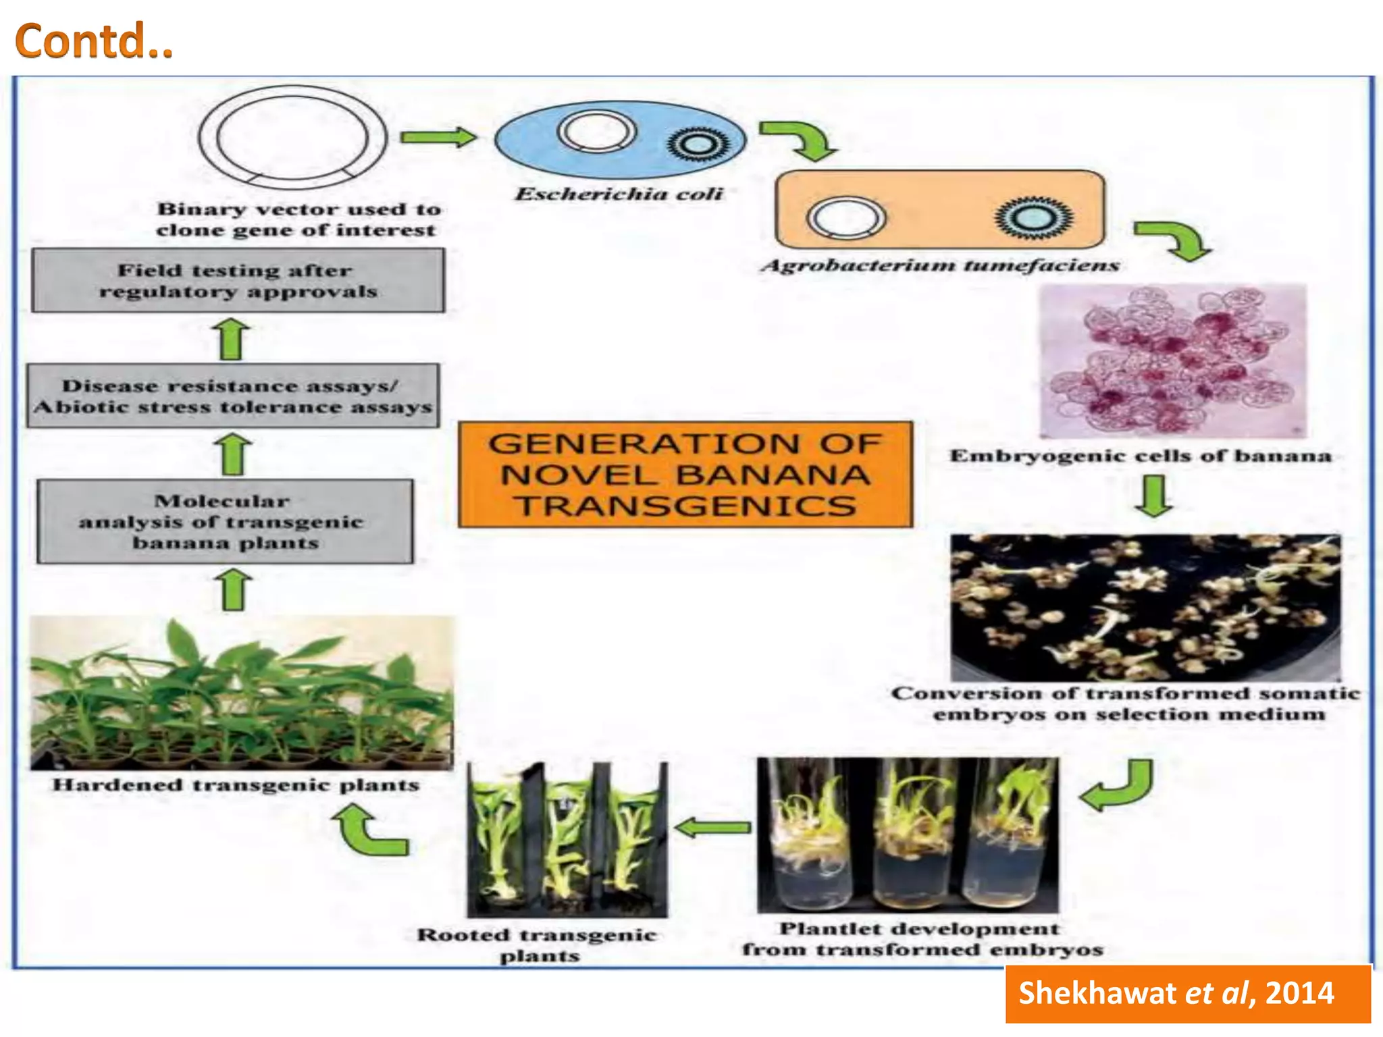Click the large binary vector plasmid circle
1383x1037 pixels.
tap(292, 137)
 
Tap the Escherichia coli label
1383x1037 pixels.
tap(619, 194)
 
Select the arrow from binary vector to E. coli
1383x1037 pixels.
tap(438, 137)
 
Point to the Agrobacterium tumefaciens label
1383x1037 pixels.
tap(940, 265)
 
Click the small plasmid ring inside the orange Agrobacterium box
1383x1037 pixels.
tap(846, 218)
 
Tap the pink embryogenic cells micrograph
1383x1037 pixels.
tap(1173, 361)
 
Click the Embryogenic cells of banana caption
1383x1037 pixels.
tap(1141, 456)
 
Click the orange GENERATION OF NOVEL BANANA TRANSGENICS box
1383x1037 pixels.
tap(685, 475)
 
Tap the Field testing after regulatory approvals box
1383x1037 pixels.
tap(238, 280)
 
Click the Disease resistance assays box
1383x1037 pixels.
tap(233, 396)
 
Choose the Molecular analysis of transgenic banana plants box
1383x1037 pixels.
tap(225, 522)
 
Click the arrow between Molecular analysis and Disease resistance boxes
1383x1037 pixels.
tap(234, 454)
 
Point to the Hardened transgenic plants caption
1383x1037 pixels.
tap(236, 785)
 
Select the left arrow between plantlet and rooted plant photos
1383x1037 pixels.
tap(712, 827)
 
